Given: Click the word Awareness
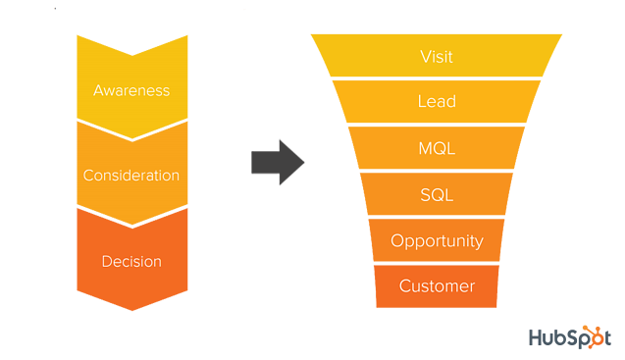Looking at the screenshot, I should pyautogui.click(x=131, y=91).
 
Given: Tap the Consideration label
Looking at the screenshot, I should pyautogui.click(x=131, y=177).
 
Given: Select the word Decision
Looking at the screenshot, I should pyautogui.click(x=131, y=262).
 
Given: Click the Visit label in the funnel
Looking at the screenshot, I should pyautogui.click(x=437, y=57).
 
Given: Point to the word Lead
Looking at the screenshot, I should pyautogui.click(x=437, y=102).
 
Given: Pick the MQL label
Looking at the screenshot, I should pyautogui.click(x=437, y=149).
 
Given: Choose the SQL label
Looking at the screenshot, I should pyautogui.click(x=437, y=195).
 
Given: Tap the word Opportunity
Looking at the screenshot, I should pyautogui.click(x=437, y=241).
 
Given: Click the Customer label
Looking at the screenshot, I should pyautogui.click(x=437, y=286).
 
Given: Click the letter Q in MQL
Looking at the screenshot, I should pyautogui.click(x=438, y=149).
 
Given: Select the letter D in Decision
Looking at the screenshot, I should pyautogui.click(x=106, y=262).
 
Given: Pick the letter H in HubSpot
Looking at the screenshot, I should pyautogui.click(x=536, y=337).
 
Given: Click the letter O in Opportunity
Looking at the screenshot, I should pyautogui.click(x=396, y=241).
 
